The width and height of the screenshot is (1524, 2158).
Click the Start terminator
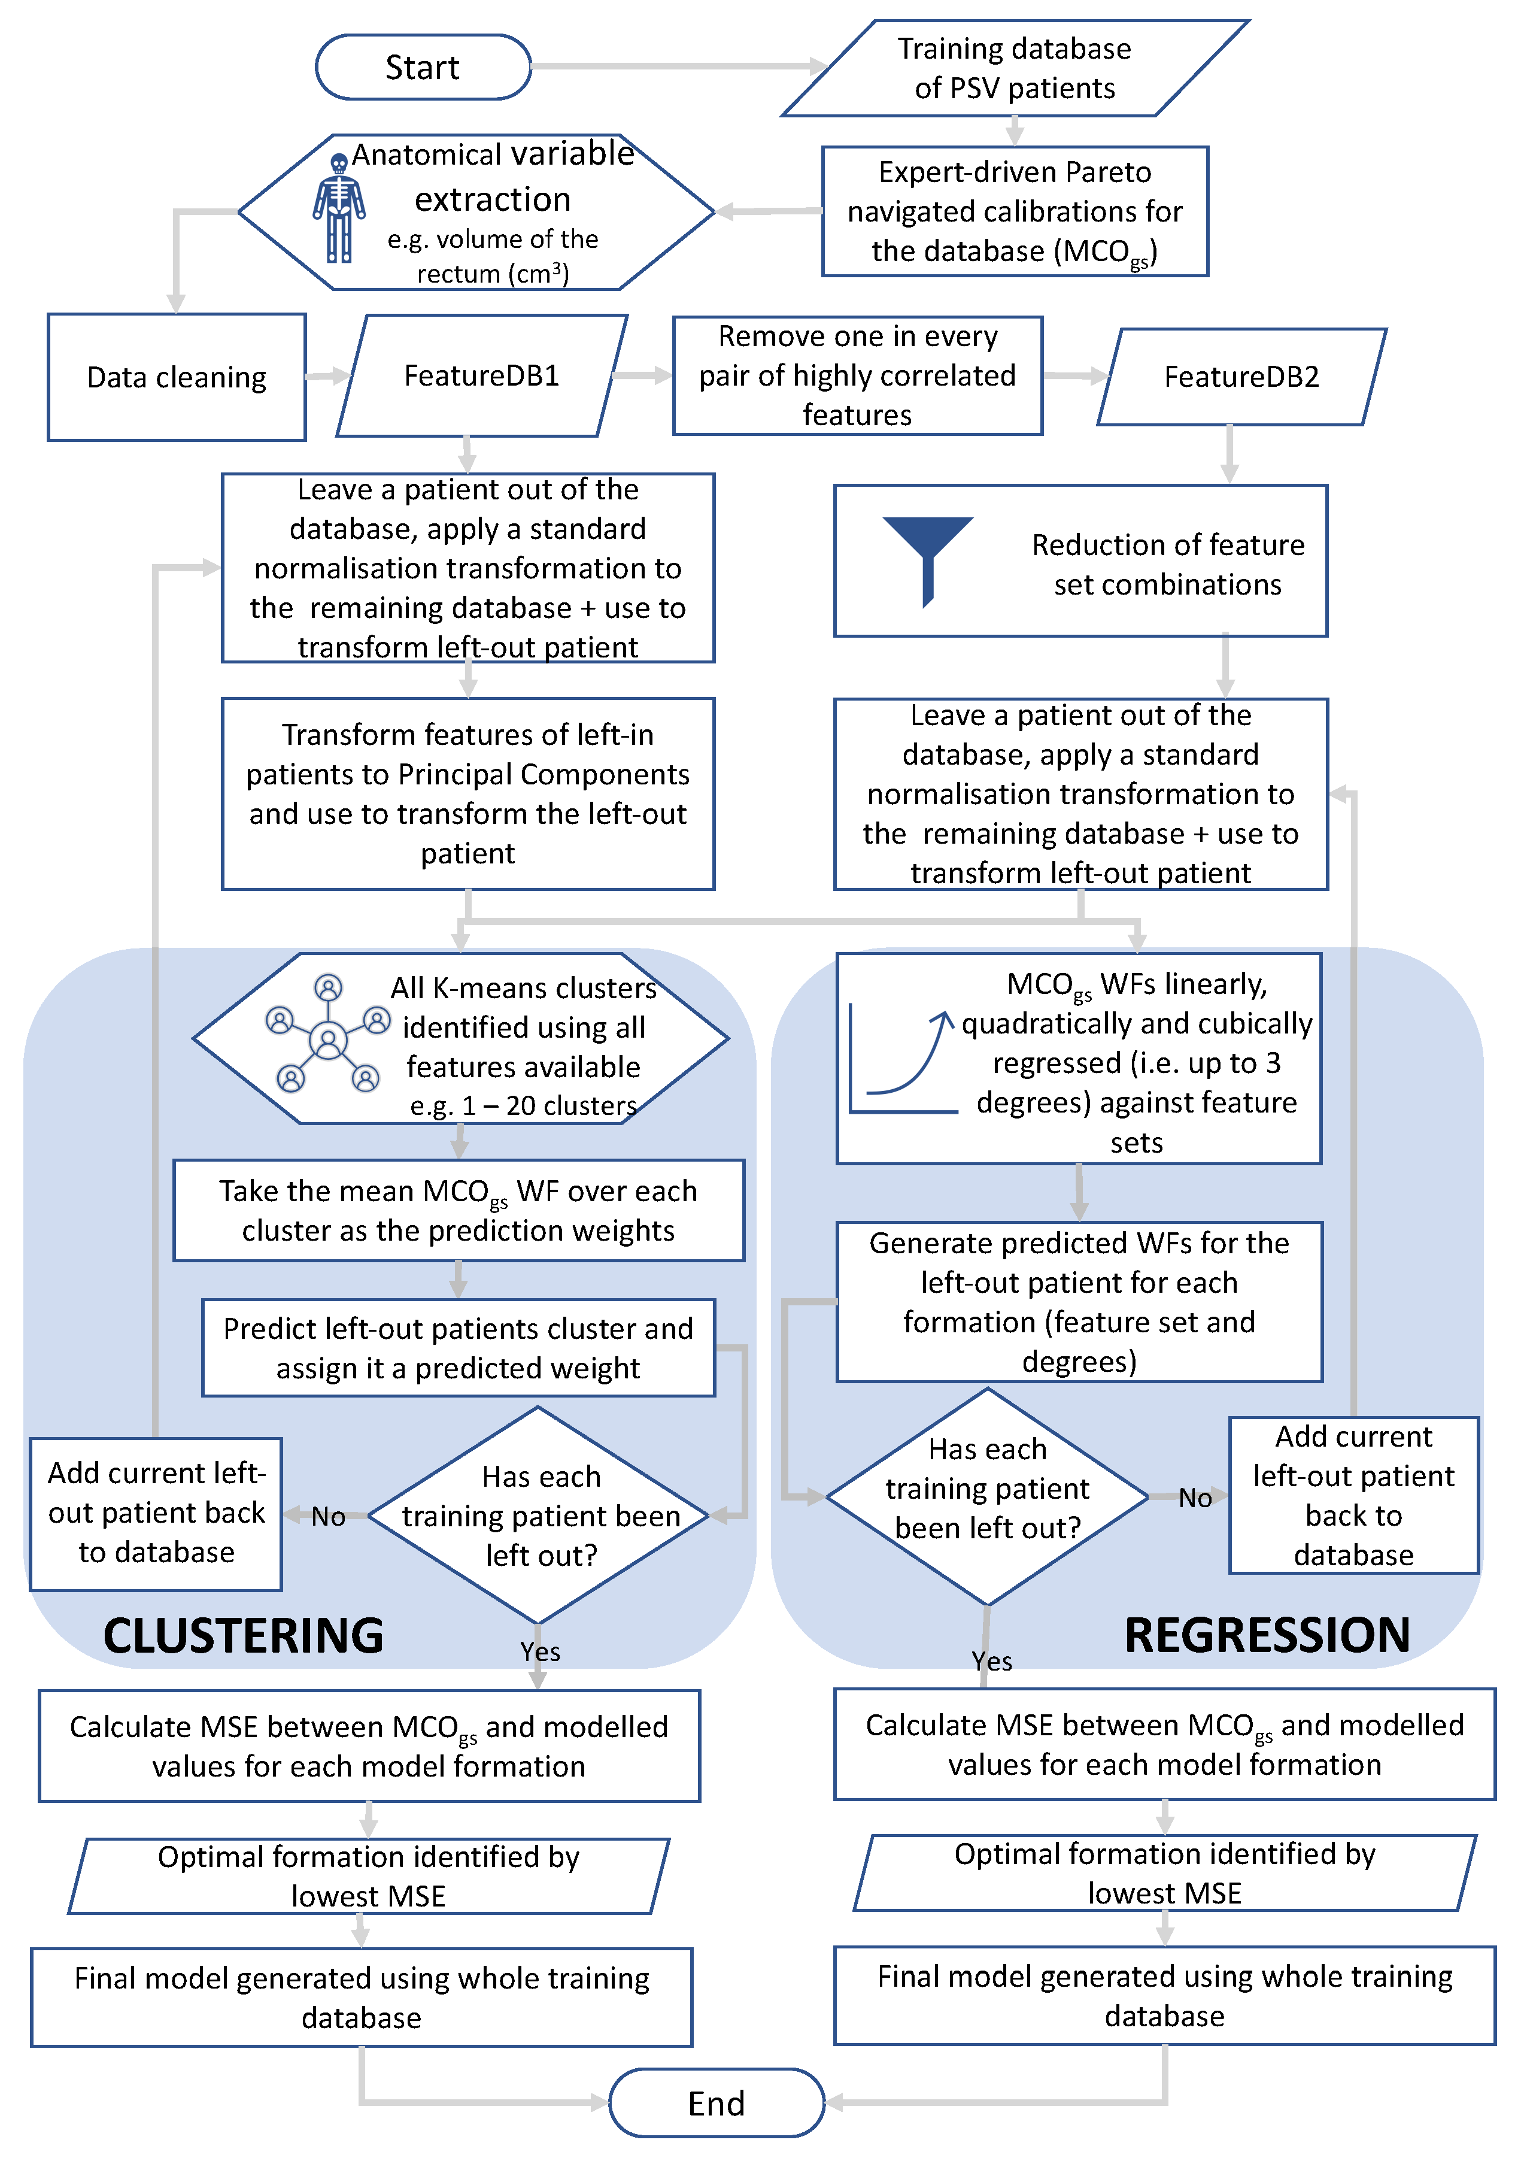coord(423,68)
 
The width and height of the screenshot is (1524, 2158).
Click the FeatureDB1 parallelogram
coord(481,376)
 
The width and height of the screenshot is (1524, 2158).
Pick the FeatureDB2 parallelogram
coord(1241,377)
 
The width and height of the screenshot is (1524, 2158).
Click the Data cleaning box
coord(177,377)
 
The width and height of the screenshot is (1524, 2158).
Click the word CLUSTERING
coord(244,1635)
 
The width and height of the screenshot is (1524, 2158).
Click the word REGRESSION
coord(1267,1635)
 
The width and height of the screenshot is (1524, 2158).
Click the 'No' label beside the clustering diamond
coord(328,1516)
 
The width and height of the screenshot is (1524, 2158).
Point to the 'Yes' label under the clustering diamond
coord(541,1651)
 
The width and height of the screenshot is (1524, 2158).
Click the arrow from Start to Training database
coord(676,66)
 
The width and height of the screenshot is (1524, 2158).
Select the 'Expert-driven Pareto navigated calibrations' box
coord(1015,211)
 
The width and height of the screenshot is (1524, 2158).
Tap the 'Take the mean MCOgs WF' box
coord(459,1211)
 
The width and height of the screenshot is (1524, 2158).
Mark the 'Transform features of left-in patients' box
coord(468,793)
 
